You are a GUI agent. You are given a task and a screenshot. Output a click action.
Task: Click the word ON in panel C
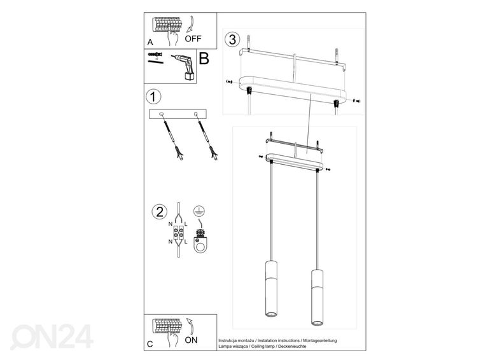tap(192, 340)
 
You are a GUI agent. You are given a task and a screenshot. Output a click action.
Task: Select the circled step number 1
tap(152, 97)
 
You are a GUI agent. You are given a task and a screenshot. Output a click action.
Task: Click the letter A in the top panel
tap(150, 41)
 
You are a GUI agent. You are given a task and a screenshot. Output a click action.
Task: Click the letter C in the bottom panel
tap(150, 343)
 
